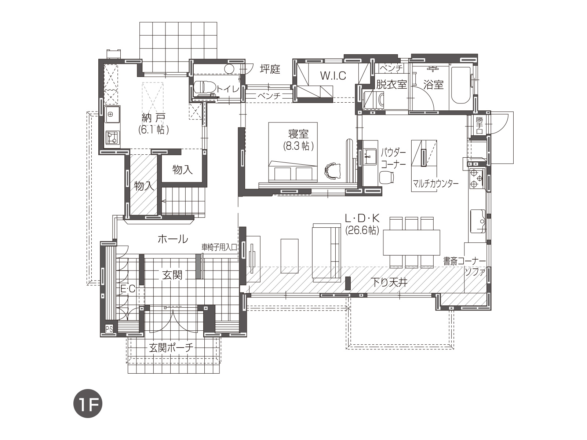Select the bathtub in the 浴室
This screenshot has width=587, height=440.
tap(461, 84)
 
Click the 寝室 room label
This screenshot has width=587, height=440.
tap(298, 133)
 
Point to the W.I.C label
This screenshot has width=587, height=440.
tap(333, 76)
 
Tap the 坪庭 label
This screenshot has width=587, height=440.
tap(270, 69)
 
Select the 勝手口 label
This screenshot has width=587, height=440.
tap(480, 125)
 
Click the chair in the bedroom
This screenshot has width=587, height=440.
tap(333, 170)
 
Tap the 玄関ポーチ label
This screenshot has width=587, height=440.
tap(171, 348)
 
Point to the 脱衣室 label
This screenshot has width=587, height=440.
tap(391, 84)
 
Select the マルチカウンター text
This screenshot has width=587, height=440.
tap(435, 184)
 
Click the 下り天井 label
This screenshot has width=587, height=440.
tap(389, 282)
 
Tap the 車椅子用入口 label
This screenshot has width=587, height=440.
tap(219, 247)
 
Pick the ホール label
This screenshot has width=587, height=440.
tap(173, 239)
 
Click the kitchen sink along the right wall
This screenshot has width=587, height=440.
tap(478, 221)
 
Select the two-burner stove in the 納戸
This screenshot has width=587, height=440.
tap(112, 137)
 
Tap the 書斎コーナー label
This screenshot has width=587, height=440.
tap(464, 261)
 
